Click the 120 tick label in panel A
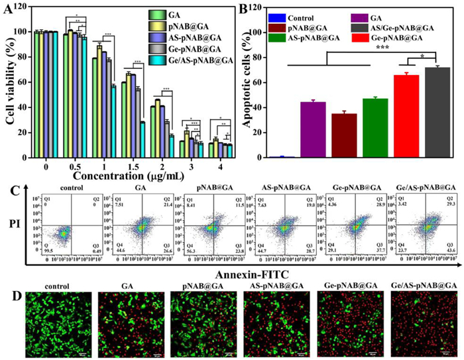(x=25, y=7)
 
